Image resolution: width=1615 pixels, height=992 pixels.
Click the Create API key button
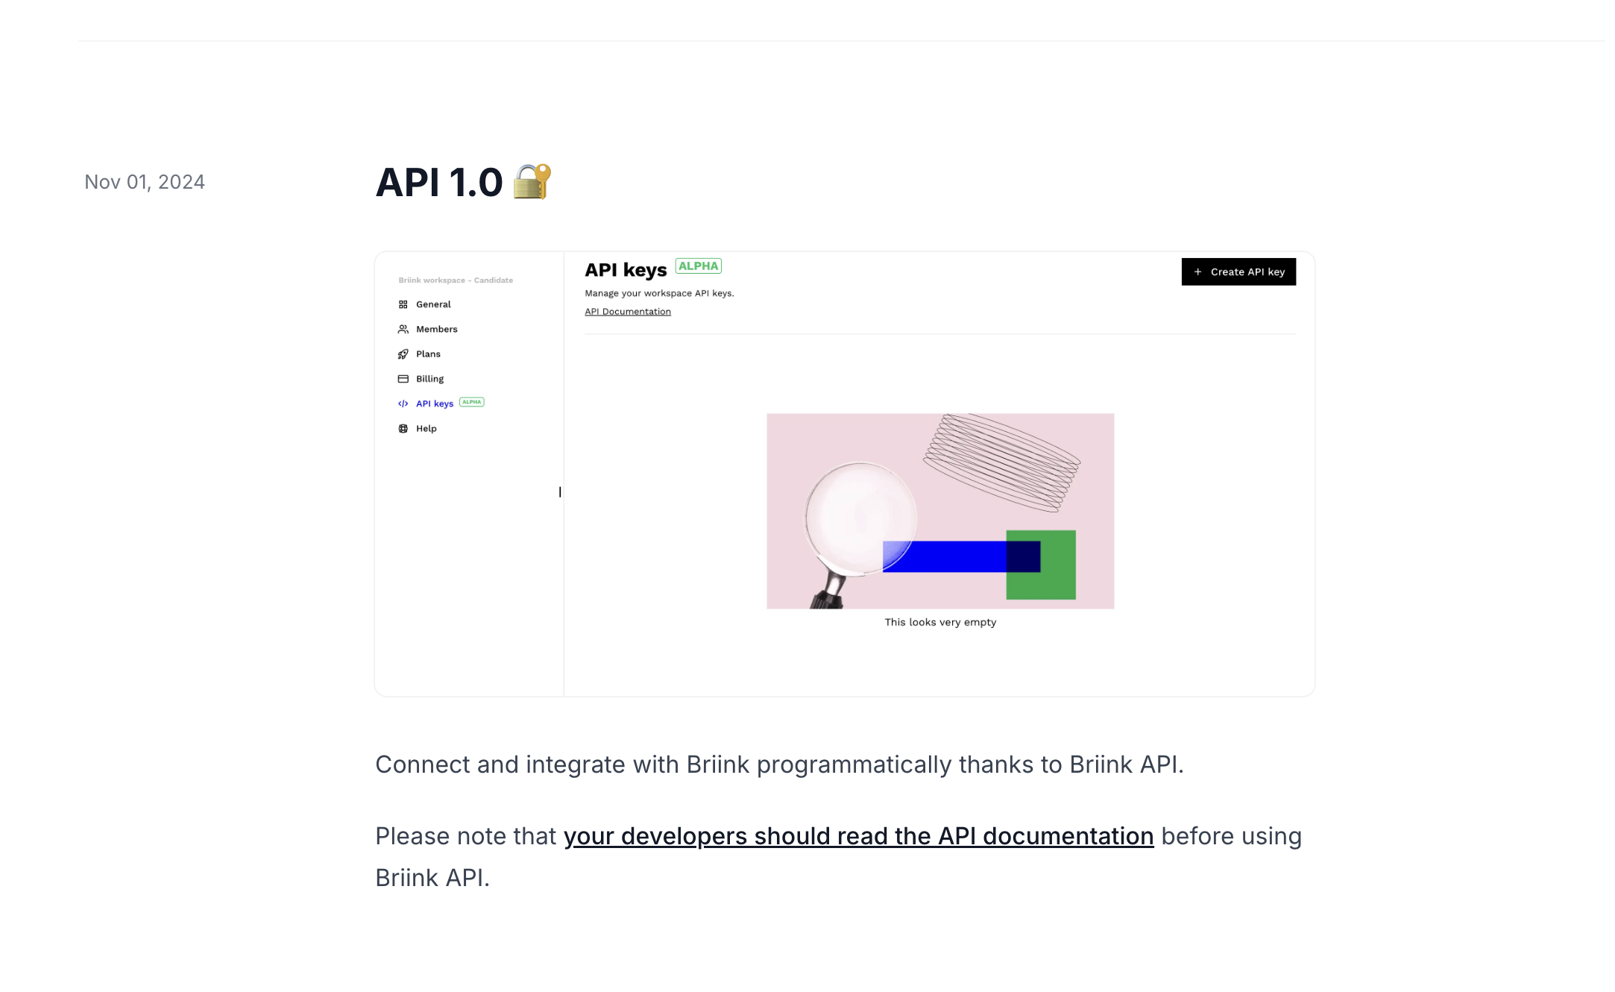point(1238,271)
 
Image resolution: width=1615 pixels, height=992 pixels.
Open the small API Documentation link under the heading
point(628,312)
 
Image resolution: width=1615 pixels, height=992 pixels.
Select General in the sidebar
point(433,304)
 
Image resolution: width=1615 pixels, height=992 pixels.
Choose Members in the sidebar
point(436,329)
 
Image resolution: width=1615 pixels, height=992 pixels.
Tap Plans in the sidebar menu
point(428,354)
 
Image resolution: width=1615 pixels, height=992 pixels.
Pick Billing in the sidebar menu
point(429,379)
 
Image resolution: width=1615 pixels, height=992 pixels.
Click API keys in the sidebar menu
point(435,404)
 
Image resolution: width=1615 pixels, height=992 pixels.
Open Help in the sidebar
point(426,429)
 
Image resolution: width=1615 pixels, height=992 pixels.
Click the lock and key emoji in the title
point(532,181)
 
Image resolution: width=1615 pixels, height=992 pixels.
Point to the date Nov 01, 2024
point(145,182)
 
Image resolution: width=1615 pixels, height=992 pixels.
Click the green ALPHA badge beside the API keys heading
point(698,266)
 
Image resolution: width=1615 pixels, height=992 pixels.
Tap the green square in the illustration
point(1041,565)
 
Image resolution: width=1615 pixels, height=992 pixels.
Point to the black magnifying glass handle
point(829,591)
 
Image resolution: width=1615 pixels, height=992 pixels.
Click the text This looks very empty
point(940,622)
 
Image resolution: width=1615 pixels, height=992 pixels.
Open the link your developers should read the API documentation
point(858,836)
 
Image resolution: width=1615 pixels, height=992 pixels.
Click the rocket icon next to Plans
point(403,354)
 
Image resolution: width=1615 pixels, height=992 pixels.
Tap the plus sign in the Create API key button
point(1197,272)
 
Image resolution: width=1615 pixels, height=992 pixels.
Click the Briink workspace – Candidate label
point(456,280)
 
